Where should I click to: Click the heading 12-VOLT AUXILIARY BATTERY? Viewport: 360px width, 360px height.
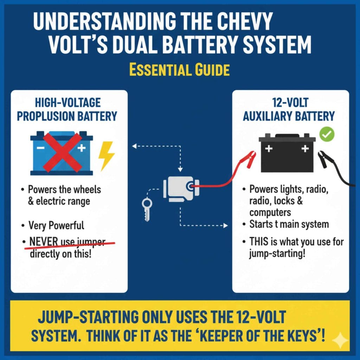289,110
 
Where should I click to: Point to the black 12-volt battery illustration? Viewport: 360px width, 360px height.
287,154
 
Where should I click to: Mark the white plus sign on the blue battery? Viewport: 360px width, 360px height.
82,148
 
